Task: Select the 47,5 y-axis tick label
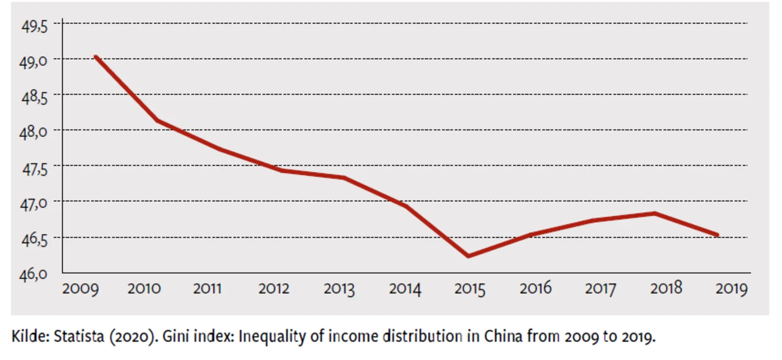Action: coord(34,169)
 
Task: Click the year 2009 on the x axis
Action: coord(80,289)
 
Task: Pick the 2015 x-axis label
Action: coord(470,289)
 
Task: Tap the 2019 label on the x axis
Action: coord(731,289)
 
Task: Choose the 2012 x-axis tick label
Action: coord(274,289)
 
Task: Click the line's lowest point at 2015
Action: coord(468,256)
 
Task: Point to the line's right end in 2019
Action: coord(717,235)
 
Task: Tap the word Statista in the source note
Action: coord(79,337)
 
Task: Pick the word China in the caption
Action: coord(503,337)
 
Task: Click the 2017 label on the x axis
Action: coord(600,289)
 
